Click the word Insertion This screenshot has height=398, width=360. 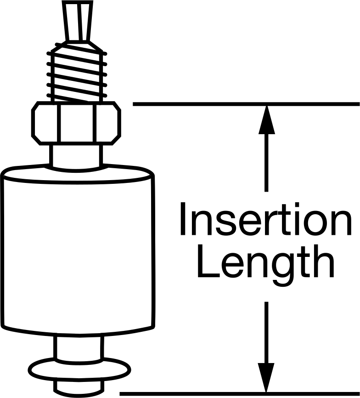pos(265,219)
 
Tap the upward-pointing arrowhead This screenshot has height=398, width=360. pos(266,119)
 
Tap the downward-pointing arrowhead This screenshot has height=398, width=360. pos(266,377)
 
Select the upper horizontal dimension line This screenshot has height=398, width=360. pos(246,104)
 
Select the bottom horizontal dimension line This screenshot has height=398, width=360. pos(240,394)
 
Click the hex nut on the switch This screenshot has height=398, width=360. pos(76,123)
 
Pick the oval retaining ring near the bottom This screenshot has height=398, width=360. pos(79,370)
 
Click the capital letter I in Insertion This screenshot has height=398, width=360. pos(182,219)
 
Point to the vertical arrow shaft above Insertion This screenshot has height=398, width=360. pos(266,162)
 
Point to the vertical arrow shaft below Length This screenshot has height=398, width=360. pos(266,333)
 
